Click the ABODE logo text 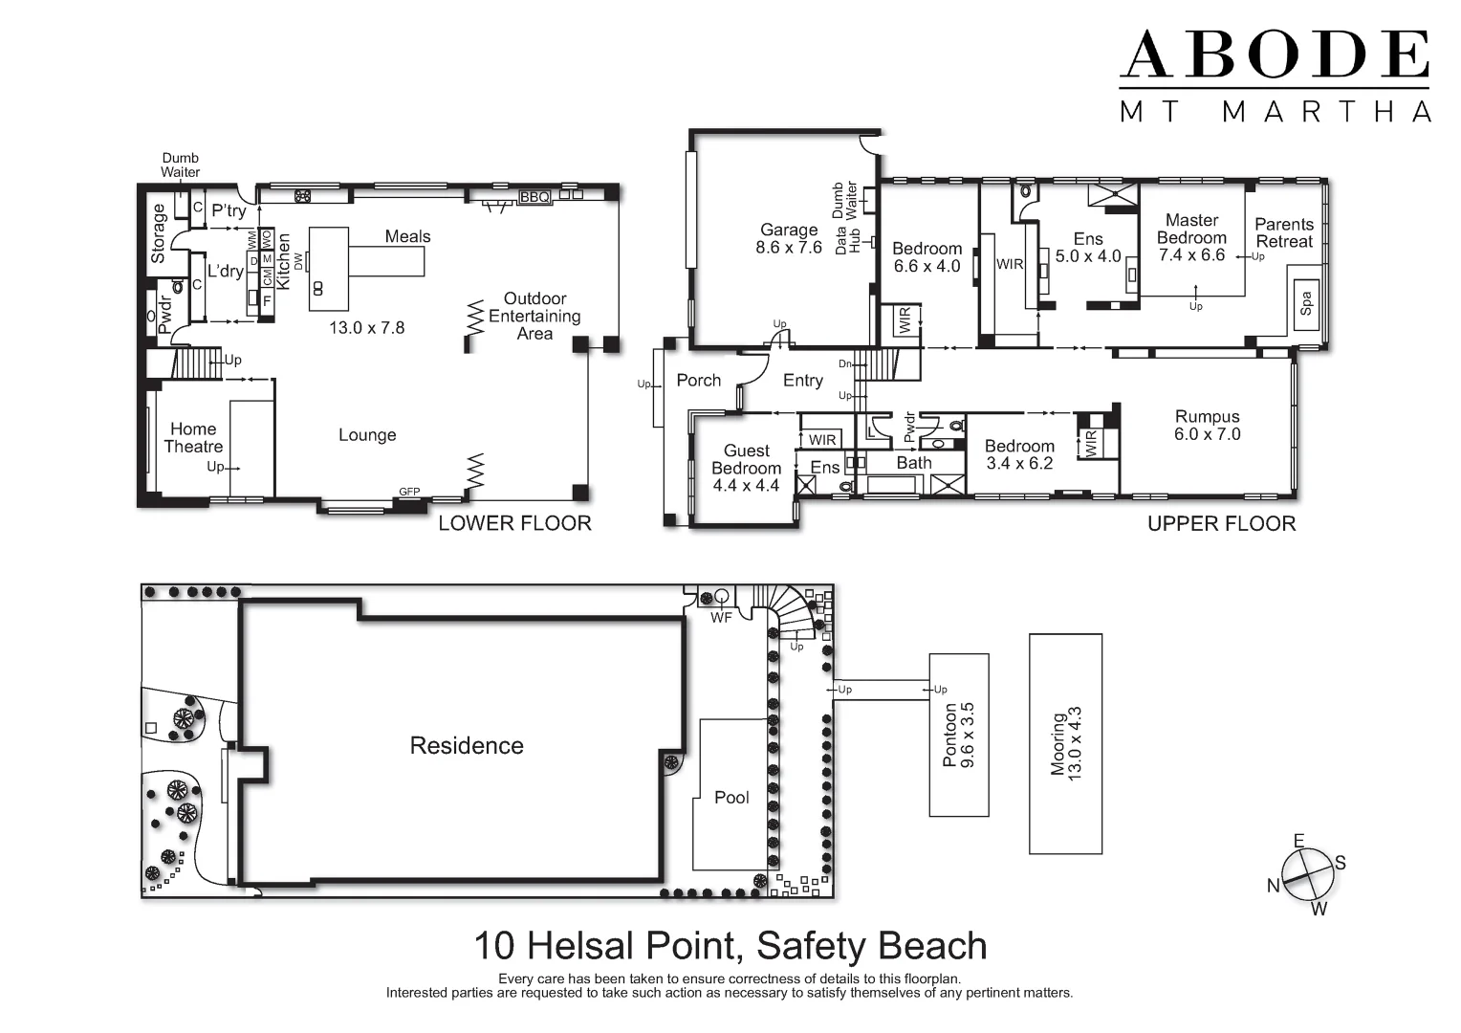tap(1274, 55)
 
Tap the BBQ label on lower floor tap(534, 197)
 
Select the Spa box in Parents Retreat tap(1306, 304)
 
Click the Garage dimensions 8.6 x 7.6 tap(789, 248)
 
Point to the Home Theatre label tap(193, 438)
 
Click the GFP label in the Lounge tap(409, 492)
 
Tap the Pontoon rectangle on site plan tap(958, 735)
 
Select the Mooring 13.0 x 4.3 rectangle tap(1065, 743)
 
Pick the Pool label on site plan tap(731, 798)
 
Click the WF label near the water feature tap(721, 618)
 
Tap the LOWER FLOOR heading tap(514, 523)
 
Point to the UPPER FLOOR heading tap(1221, 524)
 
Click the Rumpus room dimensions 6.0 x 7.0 tap(1207, 434)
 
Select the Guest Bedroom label tap(746, 459)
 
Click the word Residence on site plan tap(467, 746)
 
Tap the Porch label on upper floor tap(698, 381)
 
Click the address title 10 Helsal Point tap(730, 946)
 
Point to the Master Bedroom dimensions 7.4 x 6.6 tap(1191, 255)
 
